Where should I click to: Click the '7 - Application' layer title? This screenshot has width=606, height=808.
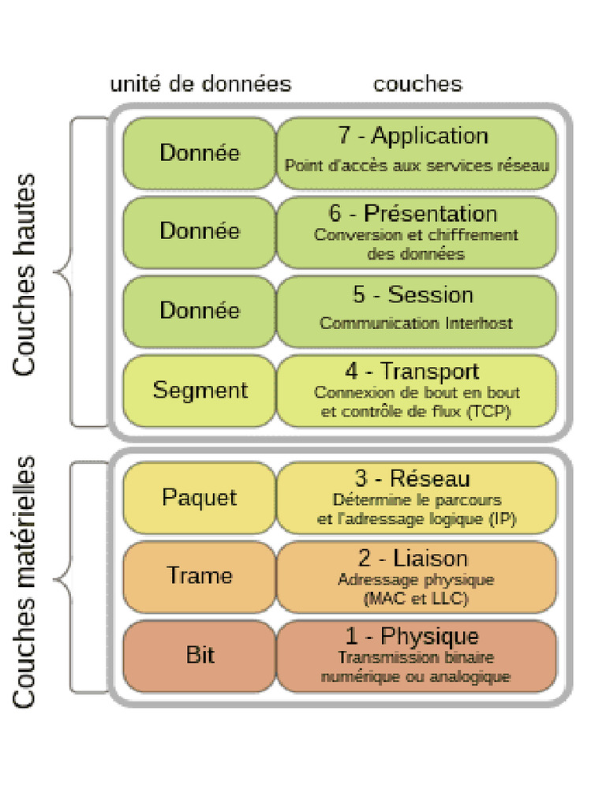[x=413, y=136]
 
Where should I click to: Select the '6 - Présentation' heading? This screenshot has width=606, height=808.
[x=413, y=214]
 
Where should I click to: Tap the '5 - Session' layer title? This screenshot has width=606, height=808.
[x=413, y=295]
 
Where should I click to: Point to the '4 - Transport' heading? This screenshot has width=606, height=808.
[x=412, y=371]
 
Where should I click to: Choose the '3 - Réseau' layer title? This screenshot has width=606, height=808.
[x=412, y=478]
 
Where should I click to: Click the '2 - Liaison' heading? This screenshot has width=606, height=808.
[x=413, y=559]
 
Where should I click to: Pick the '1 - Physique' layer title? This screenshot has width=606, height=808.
[x=412, y=636]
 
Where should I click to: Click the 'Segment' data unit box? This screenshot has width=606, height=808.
[x=200, y=391]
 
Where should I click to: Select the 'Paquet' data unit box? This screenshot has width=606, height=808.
[x=199, y=498]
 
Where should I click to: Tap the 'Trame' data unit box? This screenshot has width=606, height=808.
[x=199, y=576]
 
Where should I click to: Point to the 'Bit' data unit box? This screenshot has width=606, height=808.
[x=199, y=655]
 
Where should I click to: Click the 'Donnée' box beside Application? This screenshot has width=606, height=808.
[x=199, y=153]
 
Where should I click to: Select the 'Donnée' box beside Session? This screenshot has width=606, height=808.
[x=199, y=311]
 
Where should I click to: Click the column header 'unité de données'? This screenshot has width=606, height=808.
[x=200, y=84]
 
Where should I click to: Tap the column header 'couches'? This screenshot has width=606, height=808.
[x=417, y=84]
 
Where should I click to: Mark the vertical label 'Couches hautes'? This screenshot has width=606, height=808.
[x=24, y=275]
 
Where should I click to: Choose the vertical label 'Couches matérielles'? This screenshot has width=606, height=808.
[x=24, y=581]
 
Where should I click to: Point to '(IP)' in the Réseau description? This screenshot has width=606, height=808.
[x=502, y=519]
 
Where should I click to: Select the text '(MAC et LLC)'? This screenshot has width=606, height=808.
[x=416, y=599]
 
